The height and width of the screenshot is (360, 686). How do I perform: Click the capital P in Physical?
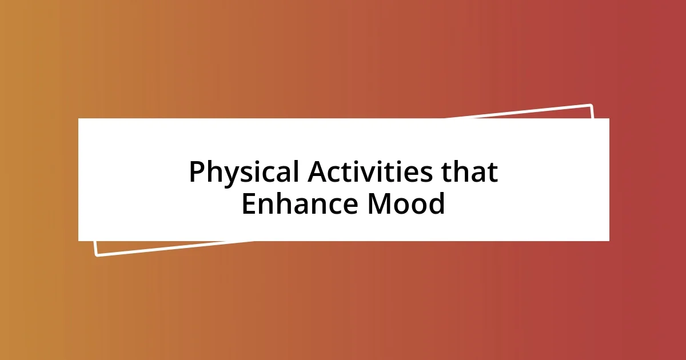pyautogui.click(x=197, y=173)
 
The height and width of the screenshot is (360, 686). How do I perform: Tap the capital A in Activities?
pyautogui.click(x=317, y=173)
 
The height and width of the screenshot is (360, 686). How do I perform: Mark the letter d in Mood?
pyautogui.click(x=436, y=204)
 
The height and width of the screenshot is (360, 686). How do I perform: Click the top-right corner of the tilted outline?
pyautogui.click(x=591, y=105)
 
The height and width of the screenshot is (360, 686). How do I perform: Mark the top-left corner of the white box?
pyautogui.click(x=79, y=119)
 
